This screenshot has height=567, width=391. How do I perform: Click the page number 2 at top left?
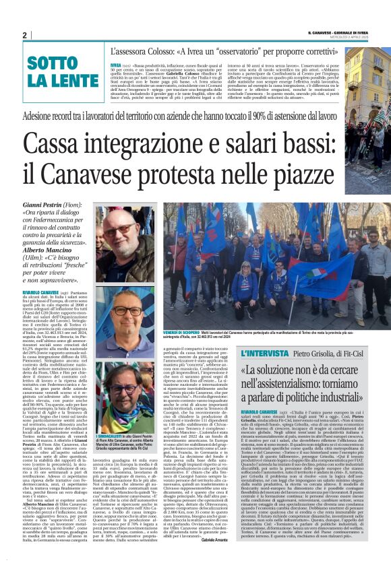[x=24, y=35]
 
